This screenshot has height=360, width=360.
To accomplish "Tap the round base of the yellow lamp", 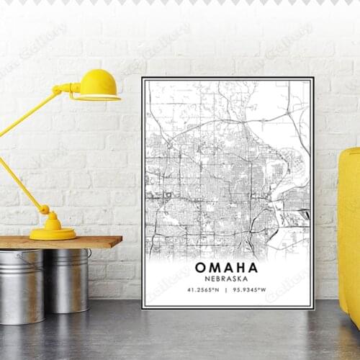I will point(52,233).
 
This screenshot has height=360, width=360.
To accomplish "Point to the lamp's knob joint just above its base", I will point(45,210).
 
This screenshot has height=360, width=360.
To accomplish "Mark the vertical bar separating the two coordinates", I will point(227,291).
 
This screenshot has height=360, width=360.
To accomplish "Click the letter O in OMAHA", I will point(200,268).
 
